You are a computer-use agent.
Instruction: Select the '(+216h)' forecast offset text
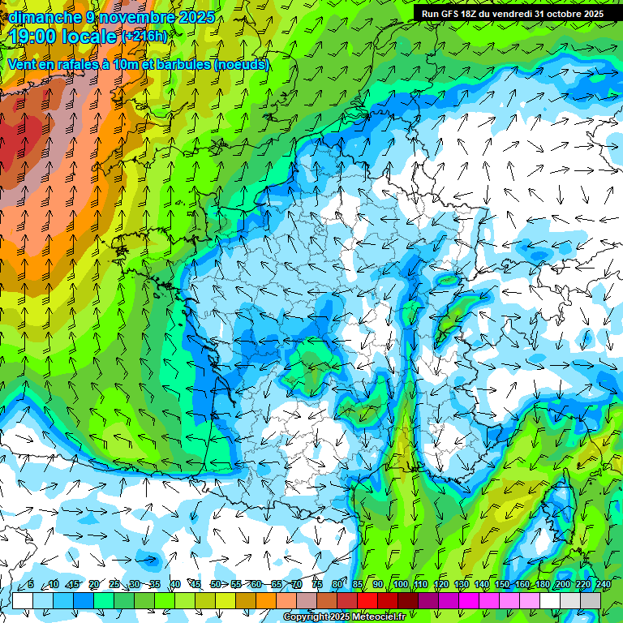[x=144, y=37]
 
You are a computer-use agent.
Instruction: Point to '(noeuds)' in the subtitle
[x=241, y=64]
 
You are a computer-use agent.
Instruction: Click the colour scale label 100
[x=400, y=585]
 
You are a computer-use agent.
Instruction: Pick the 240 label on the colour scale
[x=604, y=585]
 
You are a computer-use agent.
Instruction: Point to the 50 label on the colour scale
[x=215, y=585]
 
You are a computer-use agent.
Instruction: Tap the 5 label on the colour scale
[x=31, y=585]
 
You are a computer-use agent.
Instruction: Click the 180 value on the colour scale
[x=543, y=585]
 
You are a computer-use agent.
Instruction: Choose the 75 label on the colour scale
[x=317, y=585]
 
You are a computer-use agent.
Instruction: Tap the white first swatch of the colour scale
[x=22, y=600]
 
